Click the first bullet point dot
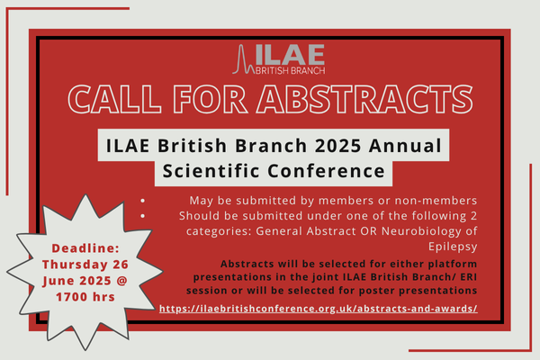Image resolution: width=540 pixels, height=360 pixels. click(x=143, y=201)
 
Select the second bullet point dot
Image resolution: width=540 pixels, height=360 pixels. click(x=143, y=217)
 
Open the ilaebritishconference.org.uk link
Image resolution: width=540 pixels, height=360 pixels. click(x=317, y=308)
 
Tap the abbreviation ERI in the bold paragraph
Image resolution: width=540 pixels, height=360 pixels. click(x=418, y=276)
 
